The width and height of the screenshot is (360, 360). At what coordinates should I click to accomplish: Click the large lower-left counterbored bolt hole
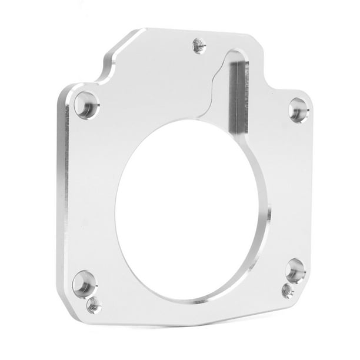tap(84, 284)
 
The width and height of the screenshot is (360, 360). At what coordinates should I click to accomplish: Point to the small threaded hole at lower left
tap(94, 305)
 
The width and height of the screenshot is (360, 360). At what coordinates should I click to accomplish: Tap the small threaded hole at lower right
tap(287, 289)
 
